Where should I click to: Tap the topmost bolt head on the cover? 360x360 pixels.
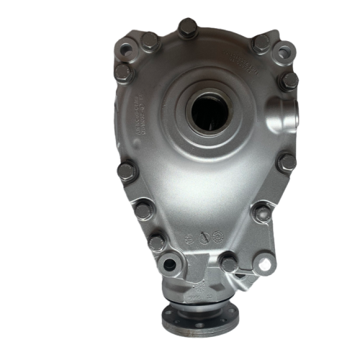click(x=186, y=28)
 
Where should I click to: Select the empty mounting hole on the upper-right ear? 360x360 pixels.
click(x=285, y=51)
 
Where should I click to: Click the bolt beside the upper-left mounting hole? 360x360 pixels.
click(x=150, y=41)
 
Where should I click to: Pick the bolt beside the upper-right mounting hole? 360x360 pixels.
click(x=261, y=42)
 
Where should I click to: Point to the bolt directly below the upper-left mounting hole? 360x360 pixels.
click(x=125, y=71)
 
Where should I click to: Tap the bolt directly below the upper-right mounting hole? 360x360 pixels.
click(x=289, y=78)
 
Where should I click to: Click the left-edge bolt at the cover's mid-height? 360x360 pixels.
click(x=125, y=171)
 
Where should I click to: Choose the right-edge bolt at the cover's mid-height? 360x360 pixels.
click(x=286, y=162)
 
